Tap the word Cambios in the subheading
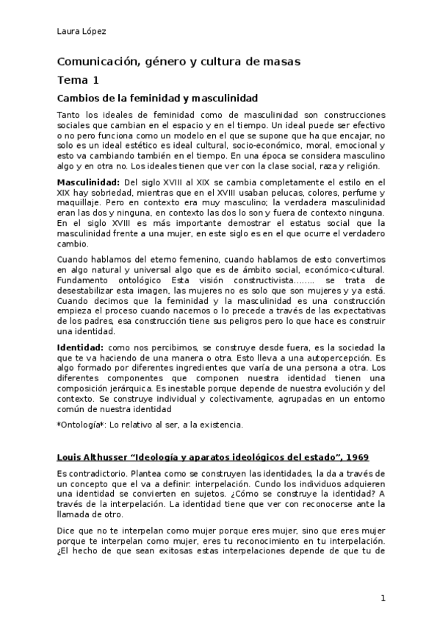(79, 98)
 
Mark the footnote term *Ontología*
(82, 425)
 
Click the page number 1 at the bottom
(383, 598)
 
